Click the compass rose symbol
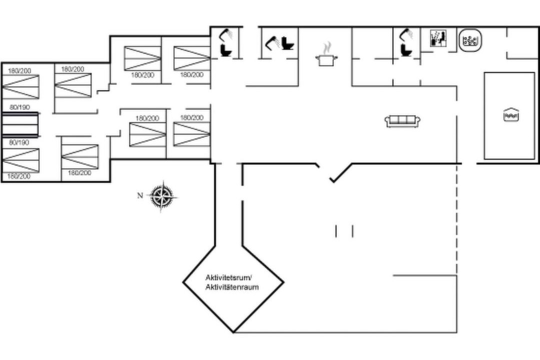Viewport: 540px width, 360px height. coord(162,196)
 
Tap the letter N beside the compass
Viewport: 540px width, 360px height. coord(140,195)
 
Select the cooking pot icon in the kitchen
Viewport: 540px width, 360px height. coord(326,60)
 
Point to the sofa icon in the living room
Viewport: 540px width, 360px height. coord(402,121)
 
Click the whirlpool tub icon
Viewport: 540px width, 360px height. coord(469,40)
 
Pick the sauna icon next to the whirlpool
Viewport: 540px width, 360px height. coord(438,38)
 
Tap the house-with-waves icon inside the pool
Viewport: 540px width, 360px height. coord(510,114)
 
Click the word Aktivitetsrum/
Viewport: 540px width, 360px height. coord(229,277)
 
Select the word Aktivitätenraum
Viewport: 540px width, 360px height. coord(232,287)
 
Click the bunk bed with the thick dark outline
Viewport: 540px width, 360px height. coord(19,124)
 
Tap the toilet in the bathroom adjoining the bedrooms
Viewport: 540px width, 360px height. coord(226,50)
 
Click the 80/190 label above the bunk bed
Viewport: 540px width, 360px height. coord(19,107)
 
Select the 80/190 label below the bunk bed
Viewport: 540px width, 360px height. coord(19,142)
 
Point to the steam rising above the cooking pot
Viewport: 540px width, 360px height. coord(327,48)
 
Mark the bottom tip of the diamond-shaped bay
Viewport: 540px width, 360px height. coord(233,332)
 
